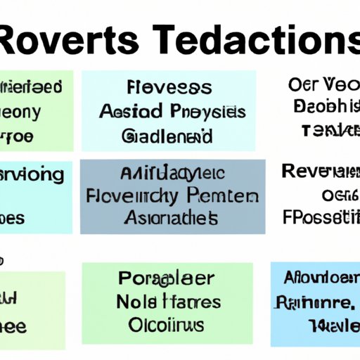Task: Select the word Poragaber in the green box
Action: coord(167,279)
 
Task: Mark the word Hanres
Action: coord(191,302)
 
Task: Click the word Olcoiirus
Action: coord(167,326)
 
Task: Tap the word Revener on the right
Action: coord(320,172)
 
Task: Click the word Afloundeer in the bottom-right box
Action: coord(320,279)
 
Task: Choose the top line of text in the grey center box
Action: coord(172,173)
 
